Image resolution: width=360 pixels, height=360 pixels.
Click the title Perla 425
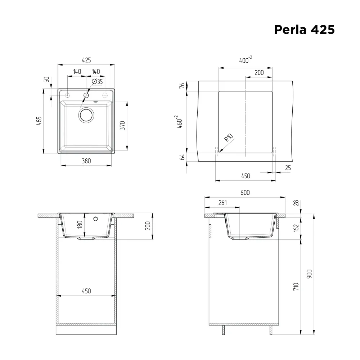(305, 30)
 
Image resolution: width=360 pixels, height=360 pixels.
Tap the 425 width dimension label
(86, 60)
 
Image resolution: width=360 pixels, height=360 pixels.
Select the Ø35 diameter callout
(97, 81)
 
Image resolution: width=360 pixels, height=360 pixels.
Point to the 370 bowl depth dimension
(122, 125)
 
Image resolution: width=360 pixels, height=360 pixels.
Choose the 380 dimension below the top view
(86, 161)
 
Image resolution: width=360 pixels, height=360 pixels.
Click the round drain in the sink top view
(86, 115)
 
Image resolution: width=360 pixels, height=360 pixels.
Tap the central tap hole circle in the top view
(86, 95)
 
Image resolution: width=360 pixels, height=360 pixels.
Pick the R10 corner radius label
(229, 138)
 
